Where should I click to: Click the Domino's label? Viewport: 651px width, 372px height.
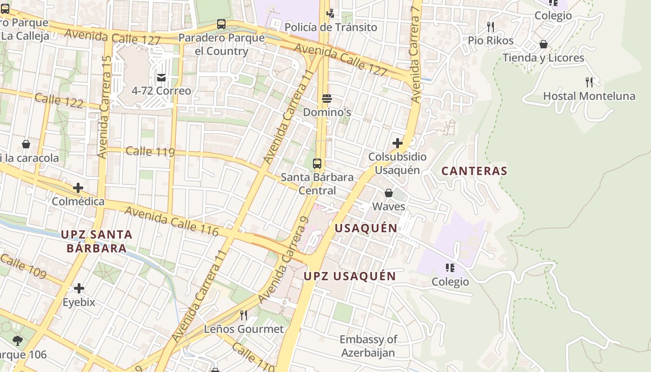pos(327,113)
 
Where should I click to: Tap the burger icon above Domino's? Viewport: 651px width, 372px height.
pos(327,98)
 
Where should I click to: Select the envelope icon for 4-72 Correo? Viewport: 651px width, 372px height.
pos(161,77)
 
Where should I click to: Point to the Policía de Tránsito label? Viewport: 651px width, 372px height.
pos(331,27)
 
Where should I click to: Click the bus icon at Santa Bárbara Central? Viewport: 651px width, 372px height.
pos(317,163)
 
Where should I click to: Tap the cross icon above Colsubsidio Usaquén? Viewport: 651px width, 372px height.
pos(397,143)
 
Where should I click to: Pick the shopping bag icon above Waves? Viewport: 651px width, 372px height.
pos(389,193)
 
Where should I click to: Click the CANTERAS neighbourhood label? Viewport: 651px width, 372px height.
pos(474,171)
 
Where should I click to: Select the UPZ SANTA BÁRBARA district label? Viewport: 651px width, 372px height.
pos(97,241)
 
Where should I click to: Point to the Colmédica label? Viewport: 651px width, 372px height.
pos(78,202)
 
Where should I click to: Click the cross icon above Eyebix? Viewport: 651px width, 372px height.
pos(79,288)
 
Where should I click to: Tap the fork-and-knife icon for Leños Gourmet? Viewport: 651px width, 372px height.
pos(243,315)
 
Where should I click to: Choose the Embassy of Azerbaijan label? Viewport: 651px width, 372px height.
pos(368,346)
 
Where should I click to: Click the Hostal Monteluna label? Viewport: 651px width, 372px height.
pos(589,96)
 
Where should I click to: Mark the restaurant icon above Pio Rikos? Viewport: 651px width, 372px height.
pos(491,27)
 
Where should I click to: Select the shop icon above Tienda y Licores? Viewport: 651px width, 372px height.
pos(543,44)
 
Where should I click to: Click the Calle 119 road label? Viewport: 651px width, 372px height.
pos(150,152)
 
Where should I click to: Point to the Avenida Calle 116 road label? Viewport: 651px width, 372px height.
pos(172,221)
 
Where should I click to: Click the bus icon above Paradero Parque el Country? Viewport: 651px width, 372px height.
pos(221,24)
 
